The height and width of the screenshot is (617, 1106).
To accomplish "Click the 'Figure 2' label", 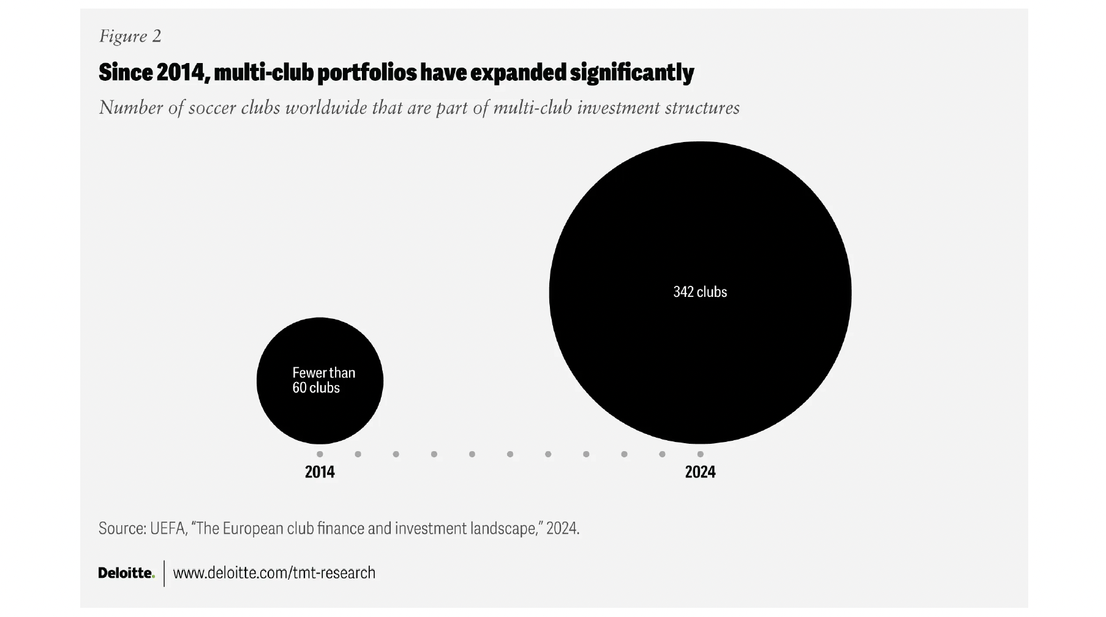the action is point(130,36).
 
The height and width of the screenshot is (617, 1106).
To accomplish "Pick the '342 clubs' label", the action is point(700,292).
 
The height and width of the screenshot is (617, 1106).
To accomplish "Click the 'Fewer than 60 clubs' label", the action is point(323,380).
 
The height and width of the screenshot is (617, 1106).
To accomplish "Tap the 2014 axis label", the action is point(320,472).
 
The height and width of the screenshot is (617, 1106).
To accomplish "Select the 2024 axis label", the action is point(700,472).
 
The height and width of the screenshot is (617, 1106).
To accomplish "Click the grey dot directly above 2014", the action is point(320,454).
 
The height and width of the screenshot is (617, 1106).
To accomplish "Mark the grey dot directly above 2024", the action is point(700,454).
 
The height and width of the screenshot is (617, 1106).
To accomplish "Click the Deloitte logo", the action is point(126,573).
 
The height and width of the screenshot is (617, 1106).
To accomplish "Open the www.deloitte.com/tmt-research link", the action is point(274,573).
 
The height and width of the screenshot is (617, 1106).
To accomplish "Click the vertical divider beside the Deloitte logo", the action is point(164,574).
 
